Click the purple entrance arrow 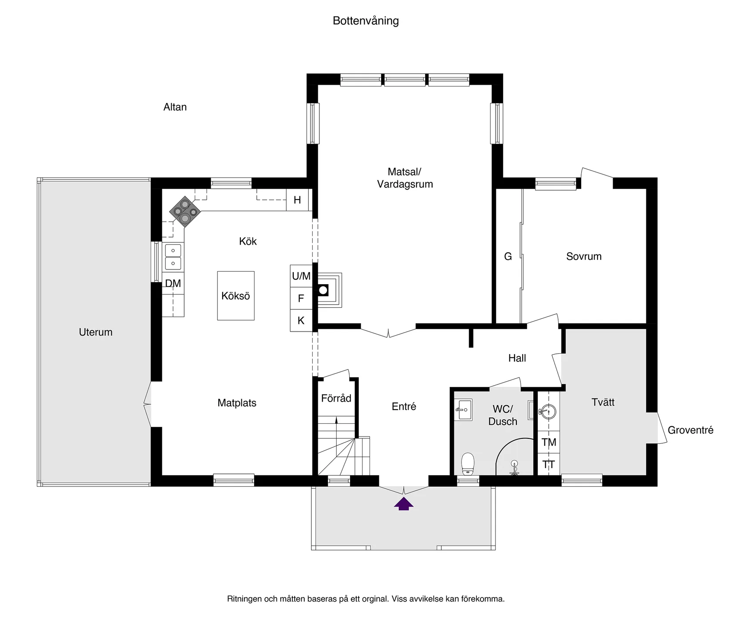404,504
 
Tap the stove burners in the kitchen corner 185,211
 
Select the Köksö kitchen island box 236,296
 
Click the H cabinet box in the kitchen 297,200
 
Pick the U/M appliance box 301,276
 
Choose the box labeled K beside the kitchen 301,320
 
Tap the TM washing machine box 549,442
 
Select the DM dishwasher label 173,283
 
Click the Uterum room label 95,332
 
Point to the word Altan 175,107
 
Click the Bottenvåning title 366,21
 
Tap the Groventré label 690,430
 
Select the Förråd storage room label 336,398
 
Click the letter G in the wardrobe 508,256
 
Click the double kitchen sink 173,257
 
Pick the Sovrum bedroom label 584,256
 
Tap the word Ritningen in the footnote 244,599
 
